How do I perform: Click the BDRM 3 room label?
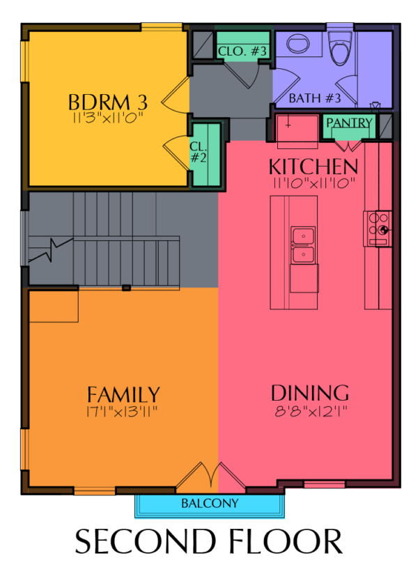(x=108, y=102)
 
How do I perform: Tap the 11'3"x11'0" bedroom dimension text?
(x=107, y=118)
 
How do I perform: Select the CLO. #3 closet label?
(x=242, y=51)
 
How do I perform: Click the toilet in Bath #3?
(x=340, y=48)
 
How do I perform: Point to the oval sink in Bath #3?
(x=298, y=44)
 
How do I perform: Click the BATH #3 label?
(x=315, y=98)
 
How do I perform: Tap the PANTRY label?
(x=349, y=123)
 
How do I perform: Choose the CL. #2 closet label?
(x=199, y=152)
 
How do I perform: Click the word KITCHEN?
(x=313, y=167)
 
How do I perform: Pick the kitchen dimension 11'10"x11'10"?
(x=313, y=183)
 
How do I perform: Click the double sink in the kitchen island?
(x=303, y=245)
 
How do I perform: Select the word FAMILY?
(x=123, y=395)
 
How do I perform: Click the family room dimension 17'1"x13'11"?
(x=122, y=412)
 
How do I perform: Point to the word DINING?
(x=310, y=393)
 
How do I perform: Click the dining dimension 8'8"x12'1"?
(x=311, y=412)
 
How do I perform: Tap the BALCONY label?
(x=210, y=504)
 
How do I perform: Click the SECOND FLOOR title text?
(x=208, y=541)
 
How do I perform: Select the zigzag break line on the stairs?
(x=51, y=250)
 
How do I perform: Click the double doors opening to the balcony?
(x=211, y=474)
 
